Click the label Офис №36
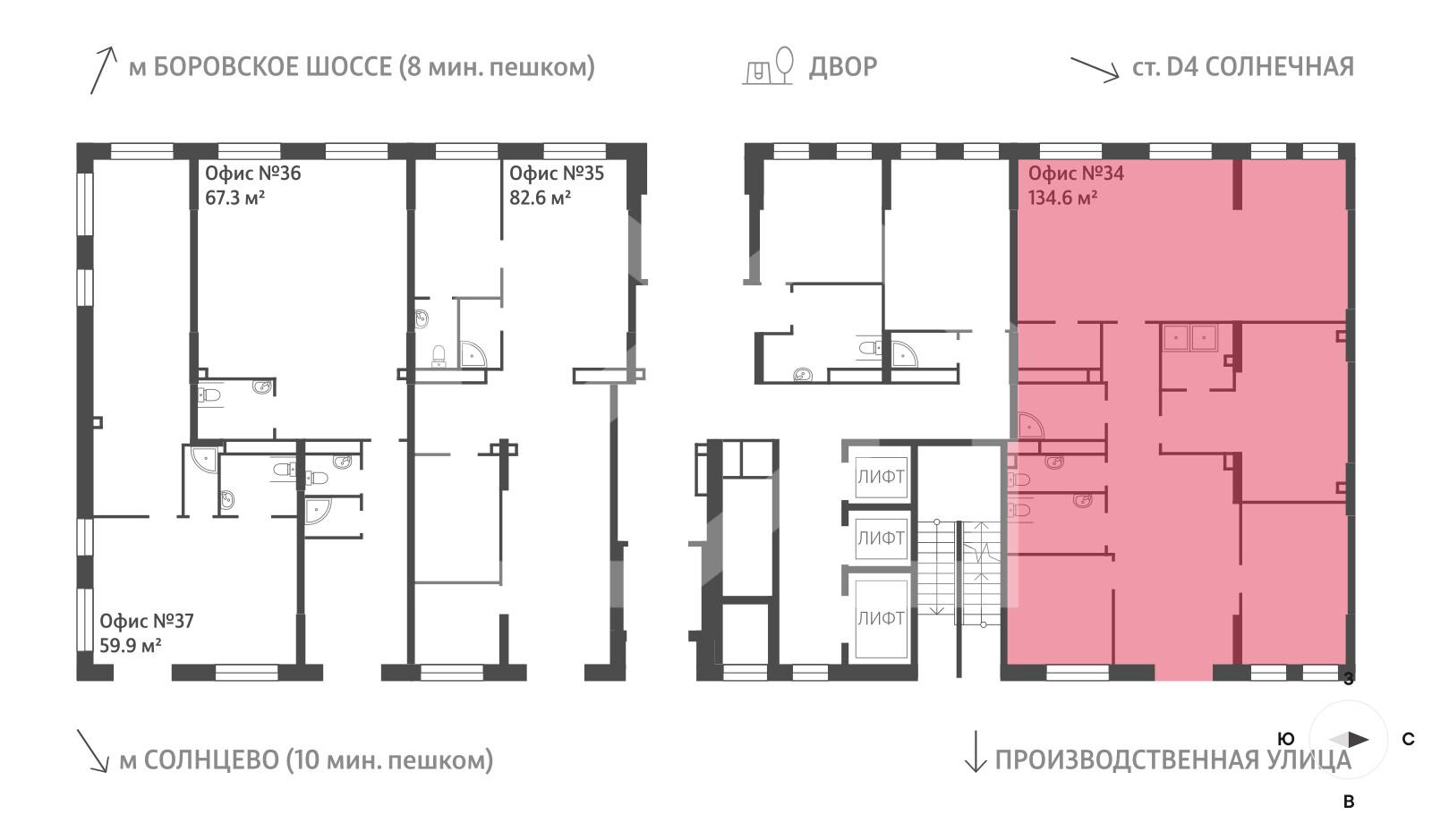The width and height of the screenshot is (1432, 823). coord(252,174)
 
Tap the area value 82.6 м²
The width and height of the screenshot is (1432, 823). coord(540,198)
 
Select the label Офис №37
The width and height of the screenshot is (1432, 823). coord(146,621)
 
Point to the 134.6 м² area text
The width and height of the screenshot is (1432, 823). coord(1062,198)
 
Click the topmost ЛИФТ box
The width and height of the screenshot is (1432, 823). coord(881,477)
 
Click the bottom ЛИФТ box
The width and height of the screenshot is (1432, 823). coord(881,618)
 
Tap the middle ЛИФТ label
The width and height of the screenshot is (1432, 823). coord(881,539)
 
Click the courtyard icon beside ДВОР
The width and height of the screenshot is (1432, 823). coord(769,66)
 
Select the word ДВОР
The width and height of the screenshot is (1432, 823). coord(842,67)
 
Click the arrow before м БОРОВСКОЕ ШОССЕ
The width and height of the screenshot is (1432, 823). coord(103,71)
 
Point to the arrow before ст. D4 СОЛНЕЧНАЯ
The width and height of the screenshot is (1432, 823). coord(1095,69)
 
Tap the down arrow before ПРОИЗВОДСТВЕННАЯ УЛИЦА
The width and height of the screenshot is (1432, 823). coord(975,751)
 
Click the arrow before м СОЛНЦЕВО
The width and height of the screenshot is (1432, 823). coord(93,751)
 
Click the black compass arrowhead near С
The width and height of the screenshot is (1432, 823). coord(1358,740)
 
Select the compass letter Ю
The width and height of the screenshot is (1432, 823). coord(1285,739)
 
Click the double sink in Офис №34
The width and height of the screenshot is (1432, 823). coord(1189,338)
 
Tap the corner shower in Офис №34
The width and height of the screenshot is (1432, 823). coord(1029,425)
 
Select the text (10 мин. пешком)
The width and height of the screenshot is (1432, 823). coord(389,760)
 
